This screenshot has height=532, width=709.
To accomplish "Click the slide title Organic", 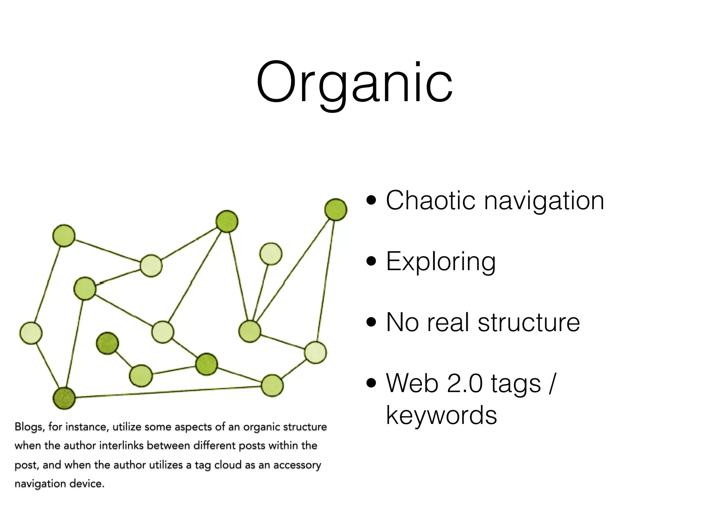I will tap(354, 83).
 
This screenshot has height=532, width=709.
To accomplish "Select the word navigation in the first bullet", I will tap(544, 201).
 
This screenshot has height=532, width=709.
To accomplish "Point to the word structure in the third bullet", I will tap(529, 322).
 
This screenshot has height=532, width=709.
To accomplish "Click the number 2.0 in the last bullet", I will tap(465, 383).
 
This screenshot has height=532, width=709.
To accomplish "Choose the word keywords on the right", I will tap(441, 415).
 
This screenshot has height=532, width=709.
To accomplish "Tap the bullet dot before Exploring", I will tap(371, 261).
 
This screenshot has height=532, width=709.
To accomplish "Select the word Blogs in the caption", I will tap(29, 427).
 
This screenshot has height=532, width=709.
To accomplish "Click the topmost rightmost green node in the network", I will tap(335, 210).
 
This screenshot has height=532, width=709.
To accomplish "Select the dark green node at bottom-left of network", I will tap(64, 398).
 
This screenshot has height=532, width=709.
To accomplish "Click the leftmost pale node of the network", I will tap(31, 333).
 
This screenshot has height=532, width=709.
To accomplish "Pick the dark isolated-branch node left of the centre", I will tap(107, 343).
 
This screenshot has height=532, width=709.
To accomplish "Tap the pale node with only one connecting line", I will tap(271, 254).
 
